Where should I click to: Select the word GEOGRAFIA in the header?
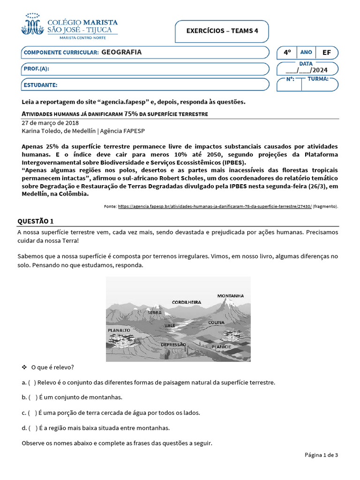[121, 52]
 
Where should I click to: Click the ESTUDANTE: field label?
[40, 85]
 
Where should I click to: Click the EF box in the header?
[327, 52]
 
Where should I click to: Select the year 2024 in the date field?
[319, 71]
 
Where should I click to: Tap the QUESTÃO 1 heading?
[36, 221]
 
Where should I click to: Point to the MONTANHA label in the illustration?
[230, 296]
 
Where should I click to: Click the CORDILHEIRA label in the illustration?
[186, 302]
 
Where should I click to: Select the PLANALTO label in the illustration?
[119, 330]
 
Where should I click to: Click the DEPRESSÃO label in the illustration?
[173, 345]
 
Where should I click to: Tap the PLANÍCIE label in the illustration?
[221, 347]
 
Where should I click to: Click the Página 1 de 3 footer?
[321, 455]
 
